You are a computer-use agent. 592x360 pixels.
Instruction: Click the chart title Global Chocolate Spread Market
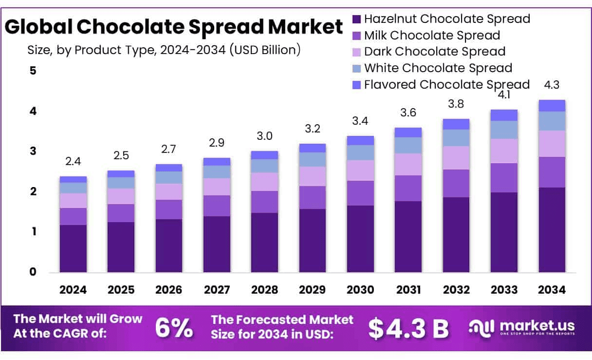[x=174, y=27]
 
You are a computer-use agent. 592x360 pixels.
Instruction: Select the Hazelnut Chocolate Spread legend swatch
[x=356, y=19]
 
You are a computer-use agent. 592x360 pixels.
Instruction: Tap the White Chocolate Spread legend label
[x=438, y=68]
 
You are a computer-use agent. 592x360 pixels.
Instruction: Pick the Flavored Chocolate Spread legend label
[x=447, y=84]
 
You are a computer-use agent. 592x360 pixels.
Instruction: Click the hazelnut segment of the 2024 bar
[x=73, y=248]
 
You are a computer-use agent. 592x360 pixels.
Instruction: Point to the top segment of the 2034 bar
[x=552, y=106]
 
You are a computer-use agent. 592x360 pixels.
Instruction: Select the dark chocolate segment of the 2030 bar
[x=360, y=171]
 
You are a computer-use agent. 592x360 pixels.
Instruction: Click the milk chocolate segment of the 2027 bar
[x=217, y=206]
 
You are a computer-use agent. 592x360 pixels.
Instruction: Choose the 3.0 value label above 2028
[x=264, y=136]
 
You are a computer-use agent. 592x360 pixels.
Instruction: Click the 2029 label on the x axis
[x=312, y=290]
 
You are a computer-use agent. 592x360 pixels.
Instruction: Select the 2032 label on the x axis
[x=456, y=290]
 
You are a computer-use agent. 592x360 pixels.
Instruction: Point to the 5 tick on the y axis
[x=33, y=71]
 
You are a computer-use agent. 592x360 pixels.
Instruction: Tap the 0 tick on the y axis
[x=33, y=272]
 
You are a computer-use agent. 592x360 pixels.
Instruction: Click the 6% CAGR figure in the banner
[x=174, y=328]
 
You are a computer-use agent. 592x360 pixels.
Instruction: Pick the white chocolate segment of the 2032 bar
[x=456, y=138]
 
